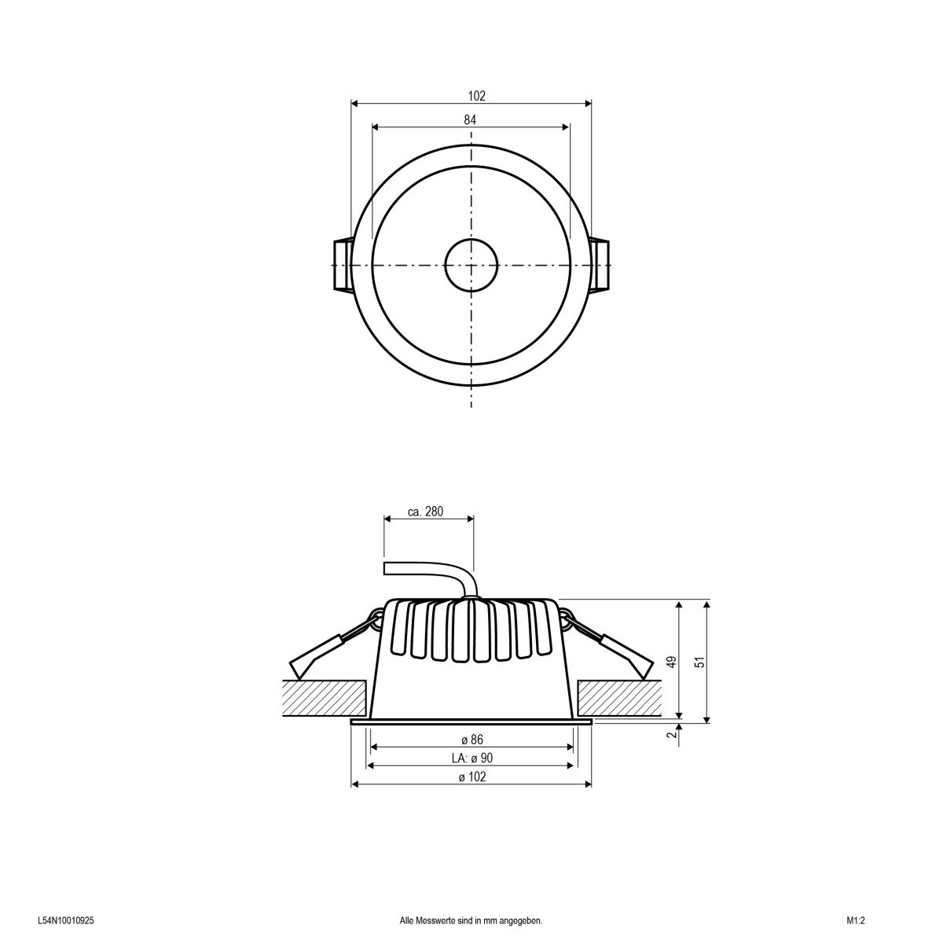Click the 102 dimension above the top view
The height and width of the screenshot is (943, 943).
point(476,96)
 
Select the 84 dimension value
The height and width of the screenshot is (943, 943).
point(470,119)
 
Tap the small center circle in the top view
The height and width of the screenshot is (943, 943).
point(471,266)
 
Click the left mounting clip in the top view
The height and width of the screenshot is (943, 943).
point(341,266)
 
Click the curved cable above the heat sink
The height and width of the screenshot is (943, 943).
point(440,573)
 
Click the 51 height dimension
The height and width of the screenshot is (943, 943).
point(699,662)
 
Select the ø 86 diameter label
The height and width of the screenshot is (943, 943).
point(472,740)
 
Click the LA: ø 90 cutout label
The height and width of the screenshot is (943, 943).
point(472,758)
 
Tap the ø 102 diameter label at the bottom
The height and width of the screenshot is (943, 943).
point(472,776)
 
